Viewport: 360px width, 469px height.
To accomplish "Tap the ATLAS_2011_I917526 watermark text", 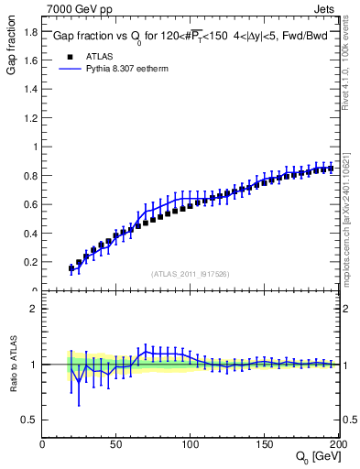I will coord(191,273).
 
